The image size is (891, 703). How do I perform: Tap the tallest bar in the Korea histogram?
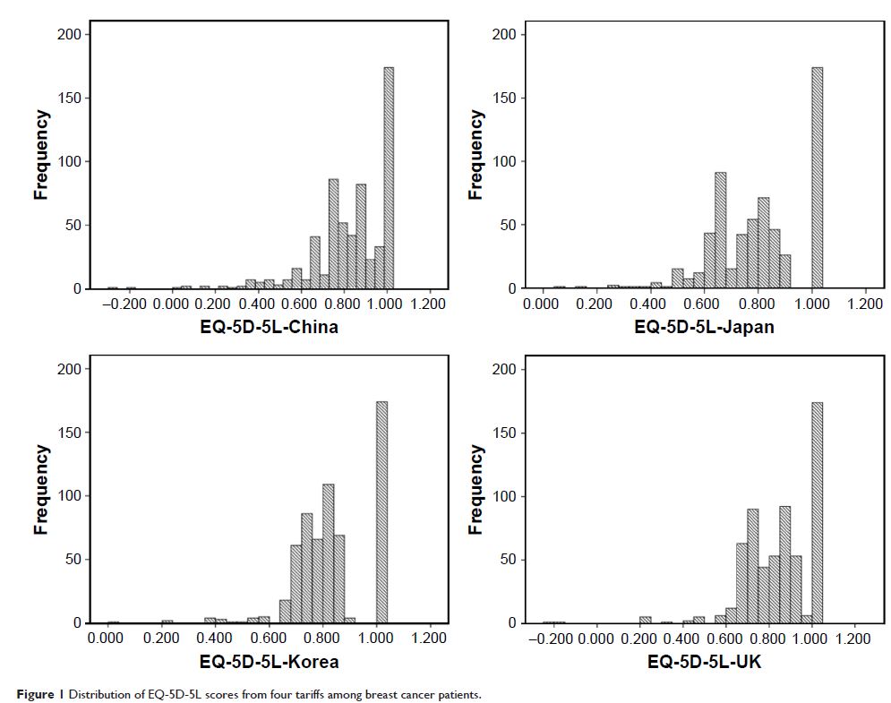(381, 511)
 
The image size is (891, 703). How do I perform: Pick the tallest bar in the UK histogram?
(817, 511)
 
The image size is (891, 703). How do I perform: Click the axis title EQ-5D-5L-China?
(269, 327)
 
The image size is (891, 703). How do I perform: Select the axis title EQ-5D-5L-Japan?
(704, 327)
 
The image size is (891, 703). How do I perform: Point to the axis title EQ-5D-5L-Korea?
(269, 662)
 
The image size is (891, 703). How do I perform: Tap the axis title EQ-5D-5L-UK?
(704, 662)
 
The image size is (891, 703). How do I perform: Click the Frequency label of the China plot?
(41, 154)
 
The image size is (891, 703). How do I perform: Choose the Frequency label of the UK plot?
(475, 489)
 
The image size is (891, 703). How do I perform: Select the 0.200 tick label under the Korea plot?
(161, 639)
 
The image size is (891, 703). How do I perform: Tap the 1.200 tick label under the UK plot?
(852, 639)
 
